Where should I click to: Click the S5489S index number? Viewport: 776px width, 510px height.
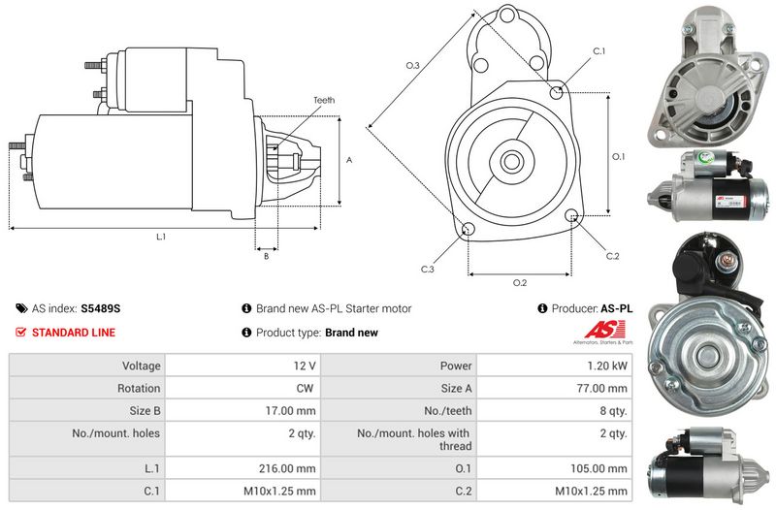point(101,308)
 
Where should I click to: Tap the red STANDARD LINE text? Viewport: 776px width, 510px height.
point(74,333)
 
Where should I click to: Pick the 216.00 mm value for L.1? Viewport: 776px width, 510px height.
point(287,468)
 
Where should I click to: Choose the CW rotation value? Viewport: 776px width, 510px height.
point(305,388)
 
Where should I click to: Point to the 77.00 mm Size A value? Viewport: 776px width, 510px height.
point(601,388)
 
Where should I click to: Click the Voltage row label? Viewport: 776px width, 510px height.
point(142,367)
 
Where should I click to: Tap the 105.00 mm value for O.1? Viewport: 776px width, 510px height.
point(598,468)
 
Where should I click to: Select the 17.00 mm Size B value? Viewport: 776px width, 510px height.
point(290,410)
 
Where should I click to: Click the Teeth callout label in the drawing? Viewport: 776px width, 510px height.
point(324,101)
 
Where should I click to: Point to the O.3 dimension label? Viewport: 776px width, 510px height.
point(413,65)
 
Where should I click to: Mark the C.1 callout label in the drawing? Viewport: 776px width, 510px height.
point(599,51)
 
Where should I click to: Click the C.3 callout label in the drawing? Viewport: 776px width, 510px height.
point(427,270)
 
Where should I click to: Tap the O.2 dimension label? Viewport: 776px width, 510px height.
point(520,283)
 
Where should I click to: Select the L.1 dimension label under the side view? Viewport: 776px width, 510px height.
point(161,237)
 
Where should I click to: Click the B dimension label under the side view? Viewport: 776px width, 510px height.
point(266,256)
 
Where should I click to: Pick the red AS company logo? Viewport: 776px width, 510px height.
point(605,330)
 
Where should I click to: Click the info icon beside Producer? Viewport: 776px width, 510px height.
point(542,308)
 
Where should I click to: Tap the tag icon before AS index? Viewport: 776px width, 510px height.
point(21,308)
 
